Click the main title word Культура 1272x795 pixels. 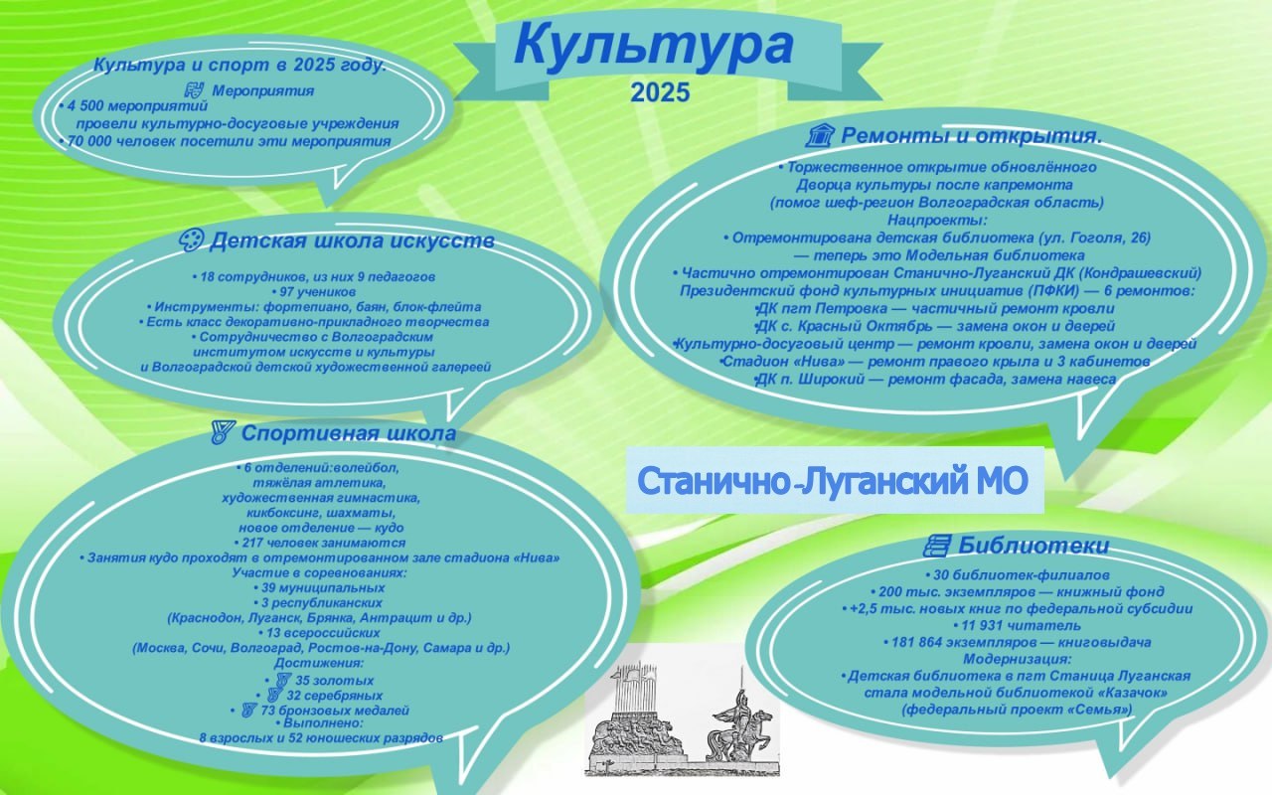(x=653, y=48)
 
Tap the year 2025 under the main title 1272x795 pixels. (x=659, y=93)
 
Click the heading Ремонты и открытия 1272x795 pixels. (x=971, y=135)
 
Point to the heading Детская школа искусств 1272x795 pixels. (x=352, y=240)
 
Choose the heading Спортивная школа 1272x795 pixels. (x=348, y=433)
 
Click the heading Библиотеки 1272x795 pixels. (x=1033, y=545)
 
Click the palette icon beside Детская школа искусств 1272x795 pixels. (x=191, y=240)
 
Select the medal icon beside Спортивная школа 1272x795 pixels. (x=223, y=433)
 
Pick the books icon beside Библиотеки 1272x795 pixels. (x=936, y=545)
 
